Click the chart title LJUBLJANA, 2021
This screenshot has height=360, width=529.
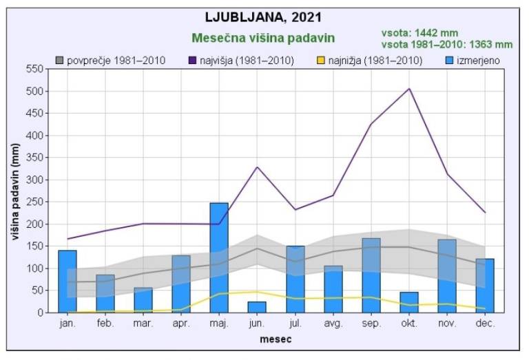[264, 17]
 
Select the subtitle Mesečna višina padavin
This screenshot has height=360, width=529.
[262, 38]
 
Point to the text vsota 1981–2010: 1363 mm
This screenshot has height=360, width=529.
[446, 44]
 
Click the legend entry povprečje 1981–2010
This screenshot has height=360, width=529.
[111, 61]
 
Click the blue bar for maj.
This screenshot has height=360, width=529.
[219, 257]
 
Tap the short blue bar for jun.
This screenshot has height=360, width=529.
[257, 307]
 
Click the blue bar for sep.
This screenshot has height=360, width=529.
[371, 275]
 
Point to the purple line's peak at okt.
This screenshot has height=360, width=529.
[409, 89]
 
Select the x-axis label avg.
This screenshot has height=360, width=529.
[333, 324]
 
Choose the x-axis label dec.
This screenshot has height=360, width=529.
[484, 324]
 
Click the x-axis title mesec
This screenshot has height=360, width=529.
[276, 339]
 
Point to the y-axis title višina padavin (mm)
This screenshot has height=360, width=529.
[15, 190]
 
